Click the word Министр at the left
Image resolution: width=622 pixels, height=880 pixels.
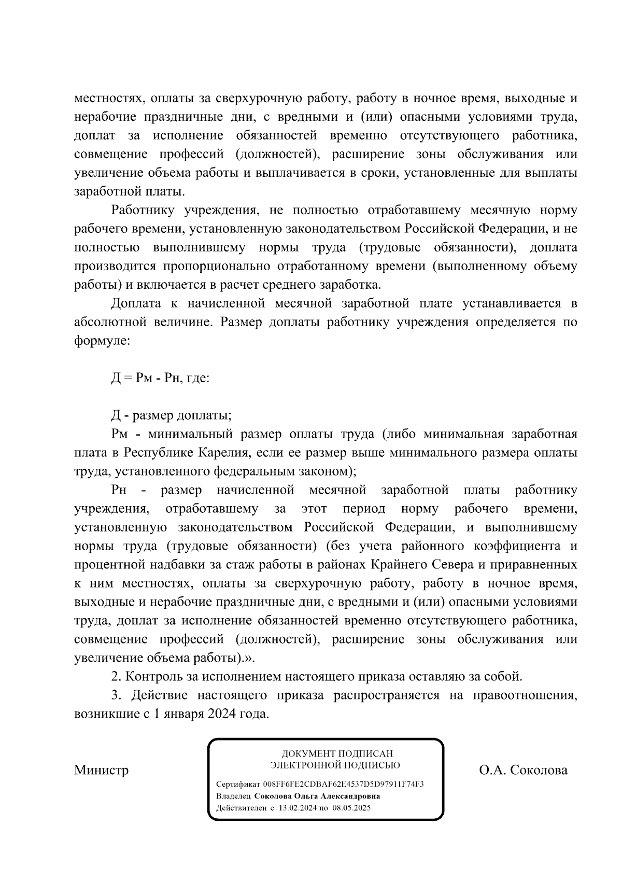point(101,770)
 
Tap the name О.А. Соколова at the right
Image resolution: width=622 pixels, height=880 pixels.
point(523,770)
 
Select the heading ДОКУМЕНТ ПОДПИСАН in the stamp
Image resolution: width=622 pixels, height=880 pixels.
point(337,753)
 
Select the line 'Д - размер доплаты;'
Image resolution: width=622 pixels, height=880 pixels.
point(171,415)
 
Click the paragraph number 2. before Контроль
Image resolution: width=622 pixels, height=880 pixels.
point(116,677)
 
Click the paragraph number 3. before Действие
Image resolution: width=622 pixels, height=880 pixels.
point(116,695)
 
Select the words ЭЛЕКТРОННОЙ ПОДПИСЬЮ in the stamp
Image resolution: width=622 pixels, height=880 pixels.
point(335,765)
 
